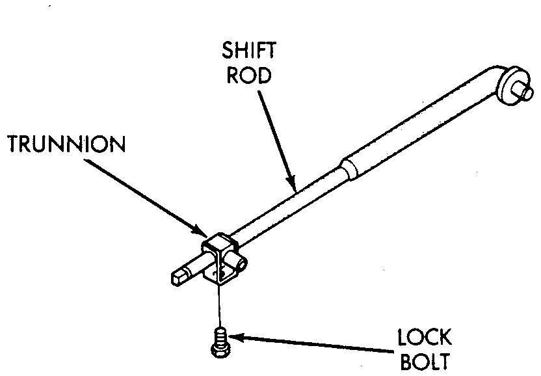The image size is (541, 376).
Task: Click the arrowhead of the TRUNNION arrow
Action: point(202,232)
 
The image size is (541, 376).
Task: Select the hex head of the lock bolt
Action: point(219,351)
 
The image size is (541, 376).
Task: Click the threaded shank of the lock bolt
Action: point(220,338)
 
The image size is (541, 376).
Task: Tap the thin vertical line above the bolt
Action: point(220,306)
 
